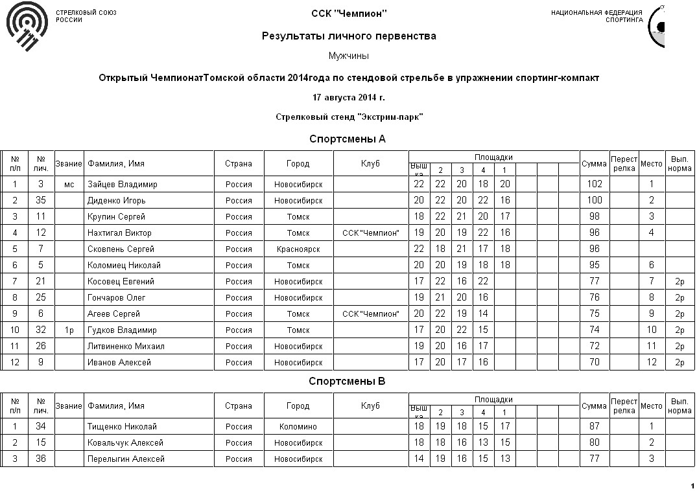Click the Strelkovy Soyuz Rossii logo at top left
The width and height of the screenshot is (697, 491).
click(26, 27)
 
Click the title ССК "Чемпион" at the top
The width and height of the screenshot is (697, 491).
click(349, 14)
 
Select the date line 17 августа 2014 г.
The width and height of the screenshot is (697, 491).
click(349, 98)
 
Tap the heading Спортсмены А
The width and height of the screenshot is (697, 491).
click(348, 139)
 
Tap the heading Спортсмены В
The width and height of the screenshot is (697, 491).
click(348, 381)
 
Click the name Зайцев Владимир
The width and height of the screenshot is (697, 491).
click(123, 184)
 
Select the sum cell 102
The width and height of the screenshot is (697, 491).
click(595, 184)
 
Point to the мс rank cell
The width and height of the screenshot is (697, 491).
click(69, 184)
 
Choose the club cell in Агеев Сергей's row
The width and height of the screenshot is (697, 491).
click(371, 314)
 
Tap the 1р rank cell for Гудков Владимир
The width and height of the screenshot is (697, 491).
click(69, 330)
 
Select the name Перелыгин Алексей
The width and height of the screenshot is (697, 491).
click(126, 459)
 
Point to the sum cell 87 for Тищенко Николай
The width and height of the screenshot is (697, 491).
click(595, 426)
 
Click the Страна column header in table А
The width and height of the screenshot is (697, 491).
click(239, 163)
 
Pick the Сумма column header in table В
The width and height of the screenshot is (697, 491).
click(595, 405)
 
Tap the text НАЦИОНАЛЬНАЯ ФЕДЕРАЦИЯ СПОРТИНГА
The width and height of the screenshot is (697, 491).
click(597, 16)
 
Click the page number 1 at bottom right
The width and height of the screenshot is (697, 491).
click(692, 485)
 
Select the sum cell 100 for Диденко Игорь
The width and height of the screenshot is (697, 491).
click(595, 200)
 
